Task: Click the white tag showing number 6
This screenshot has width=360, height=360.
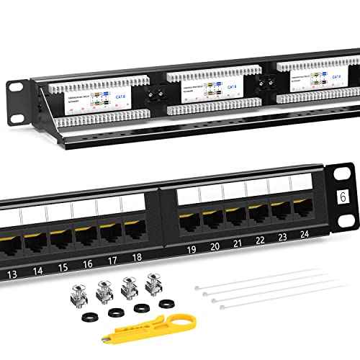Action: coord(343,174)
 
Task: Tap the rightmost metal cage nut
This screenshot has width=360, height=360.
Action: coord(153,281)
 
